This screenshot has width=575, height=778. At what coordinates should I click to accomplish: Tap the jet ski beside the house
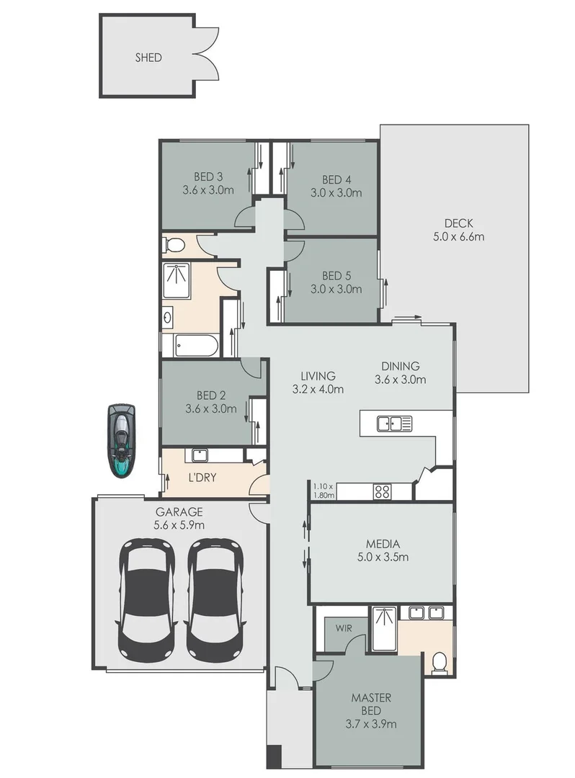point(121,441)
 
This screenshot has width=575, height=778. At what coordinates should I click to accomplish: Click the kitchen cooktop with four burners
point(382,492)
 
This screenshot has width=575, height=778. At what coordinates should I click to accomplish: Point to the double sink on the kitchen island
point(394,424)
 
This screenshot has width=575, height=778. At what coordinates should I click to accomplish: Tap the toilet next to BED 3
point(174,246)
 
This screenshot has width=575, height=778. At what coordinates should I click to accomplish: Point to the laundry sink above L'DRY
point(198,455)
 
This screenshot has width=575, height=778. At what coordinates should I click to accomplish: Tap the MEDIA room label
point(382,544)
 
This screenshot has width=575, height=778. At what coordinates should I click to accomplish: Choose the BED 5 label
point(336,275)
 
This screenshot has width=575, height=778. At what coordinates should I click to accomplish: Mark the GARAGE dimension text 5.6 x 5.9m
point(179,525)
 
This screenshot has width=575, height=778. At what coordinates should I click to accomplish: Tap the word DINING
point(401,365)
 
